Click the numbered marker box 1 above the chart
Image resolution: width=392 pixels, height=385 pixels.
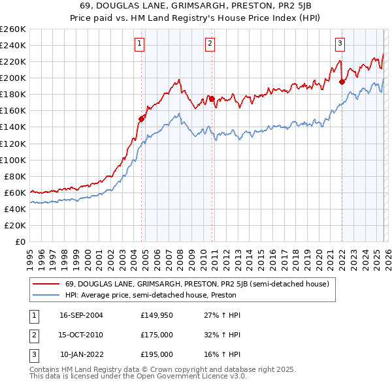click(x=140, y=44)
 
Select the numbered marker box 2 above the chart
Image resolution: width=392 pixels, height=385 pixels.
click(x=210, y=44)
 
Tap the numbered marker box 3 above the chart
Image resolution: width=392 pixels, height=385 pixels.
click(x=340, y=44)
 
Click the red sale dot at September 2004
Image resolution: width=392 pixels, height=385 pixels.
click(x=141, y=119)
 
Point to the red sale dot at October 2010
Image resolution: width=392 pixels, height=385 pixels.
click(x=212, y=99)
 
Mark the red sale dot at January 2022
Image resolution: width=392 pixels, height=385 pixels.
click(x=342, y=82)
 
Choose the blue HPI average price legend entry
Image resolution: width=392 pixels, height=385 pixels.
click(x=150, y=295)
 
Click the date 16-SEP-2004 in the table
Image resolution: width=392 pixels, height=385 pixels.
click(x=81, y=315)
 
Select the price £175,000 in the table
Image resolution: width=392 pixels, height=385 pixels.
click(x=157, y=335)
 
